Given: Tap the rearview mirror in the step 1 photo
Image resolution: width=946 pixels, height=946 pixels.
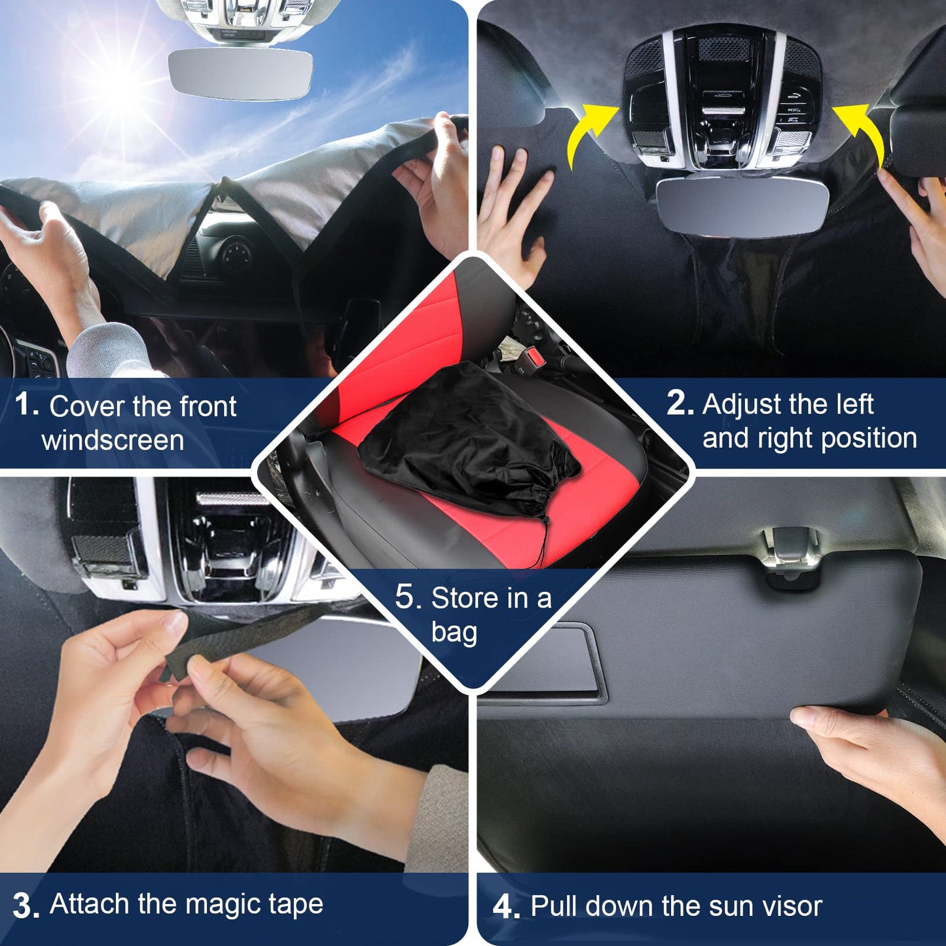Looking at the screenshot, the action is coord(240,73).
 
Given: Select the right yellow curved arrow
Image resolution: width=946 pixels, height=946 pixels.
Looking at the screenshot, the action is coord(859,135).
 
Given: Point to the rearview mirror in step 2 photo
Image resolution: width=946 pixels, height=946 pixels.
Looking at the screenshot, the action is coord(743,207).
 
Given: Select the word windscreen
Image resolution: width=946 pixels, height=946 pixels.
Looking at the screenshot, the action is coord(113,441).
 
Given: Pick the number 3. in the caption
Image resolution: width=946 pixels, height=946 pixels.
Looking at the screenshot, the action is coord(26,906).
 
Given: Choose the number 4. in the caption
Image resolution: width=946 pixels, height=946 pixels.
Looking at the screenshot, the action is coord(506,906).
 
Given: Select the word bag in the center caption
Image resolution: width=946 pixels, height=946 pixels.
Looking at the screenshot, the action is coord(454,632).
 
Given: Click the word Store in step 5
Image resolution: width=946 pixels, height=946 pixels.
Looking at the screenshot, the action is coord(464,598).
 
